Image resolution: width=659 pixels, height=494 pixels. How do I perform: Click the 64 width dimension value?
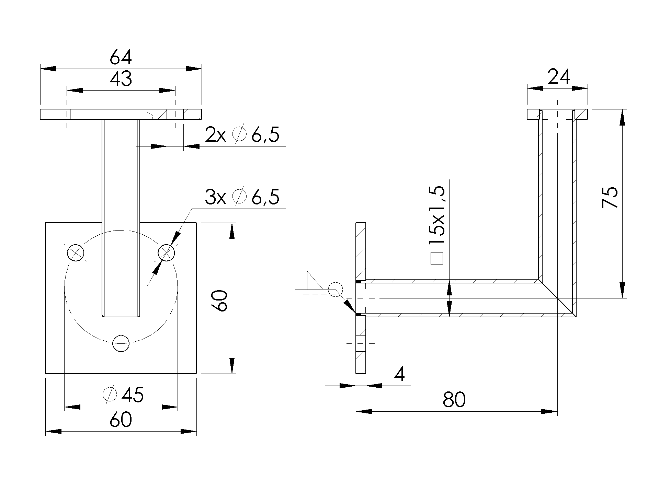coord(121,58)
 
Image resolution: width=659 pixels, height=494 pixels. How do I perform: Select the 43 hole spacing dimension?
coord(121,79)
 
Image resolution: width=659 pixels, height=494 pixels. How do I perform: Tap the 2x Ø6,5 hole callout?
coord(242,134)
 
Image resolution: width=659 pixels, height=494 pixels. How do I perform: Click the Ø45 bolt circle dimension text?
coord(123,395)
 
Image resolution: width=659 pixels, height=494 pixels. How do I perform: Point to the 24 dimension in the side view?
coord(558,77)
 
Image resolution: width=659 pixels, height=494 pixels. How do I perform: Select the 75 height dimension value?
coord(610,197)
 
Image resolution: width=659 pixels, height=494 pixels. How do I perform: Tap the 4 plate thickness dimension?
coord(399,375)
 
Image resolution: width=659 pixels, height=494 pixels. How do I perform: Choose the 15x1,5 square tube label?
coord(437,215)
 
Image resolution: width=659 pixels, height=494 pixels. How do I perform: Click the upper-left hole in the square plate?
coord(76,253)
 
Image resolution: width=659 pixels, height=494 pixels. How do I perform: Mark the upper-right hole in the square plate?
coord(166,253)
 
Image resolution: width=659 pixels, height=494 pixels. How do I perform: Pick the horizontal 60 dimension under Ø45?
coord(121,420)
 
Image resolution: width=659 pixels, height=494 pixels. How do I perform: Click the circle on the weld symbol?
coord(335,289)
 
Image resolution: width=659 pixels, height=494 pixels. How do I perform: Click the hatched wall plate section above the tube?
coord(361,250)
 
